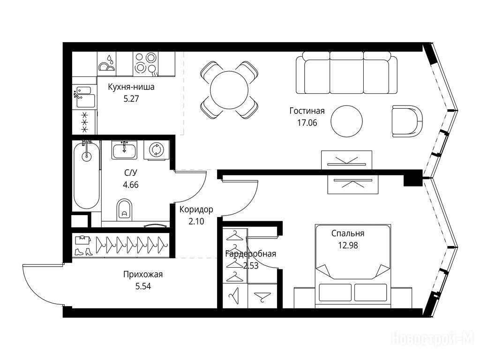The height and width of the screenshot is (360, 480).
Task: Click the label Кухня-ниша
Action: [131, 87]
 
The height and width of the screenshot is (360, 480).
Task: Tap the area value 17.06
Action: [307, 123]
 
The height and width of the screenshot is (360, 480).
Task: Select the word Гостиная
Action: [307, 111]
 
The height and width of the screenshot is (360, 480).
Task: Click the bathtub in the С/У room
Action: [87, 175]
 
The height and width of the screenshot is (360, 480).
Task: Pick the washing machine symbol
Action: [157, 150]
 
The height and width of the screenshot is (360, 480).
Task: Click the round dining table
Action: [229, 90]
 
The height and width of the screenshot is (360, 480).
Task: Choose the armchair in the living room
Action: [407, 121]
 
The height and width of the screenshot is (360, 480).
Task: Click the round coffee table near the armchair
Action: [347, 121]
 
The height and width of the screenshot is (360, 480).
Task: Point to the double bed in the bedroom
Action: [353, 266]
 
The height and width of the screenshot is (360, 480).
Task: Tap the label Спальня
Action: [348, 233]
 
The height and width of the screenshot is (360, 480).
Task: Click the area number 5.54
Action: [143, 286]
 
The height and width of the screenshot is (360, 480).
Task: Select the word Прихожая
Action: [143, 274]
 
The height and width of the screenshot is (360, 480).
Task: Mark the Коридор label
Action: [196, 210]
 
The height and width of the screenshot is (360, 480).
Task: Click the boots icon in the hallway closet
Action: [83, 252]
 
